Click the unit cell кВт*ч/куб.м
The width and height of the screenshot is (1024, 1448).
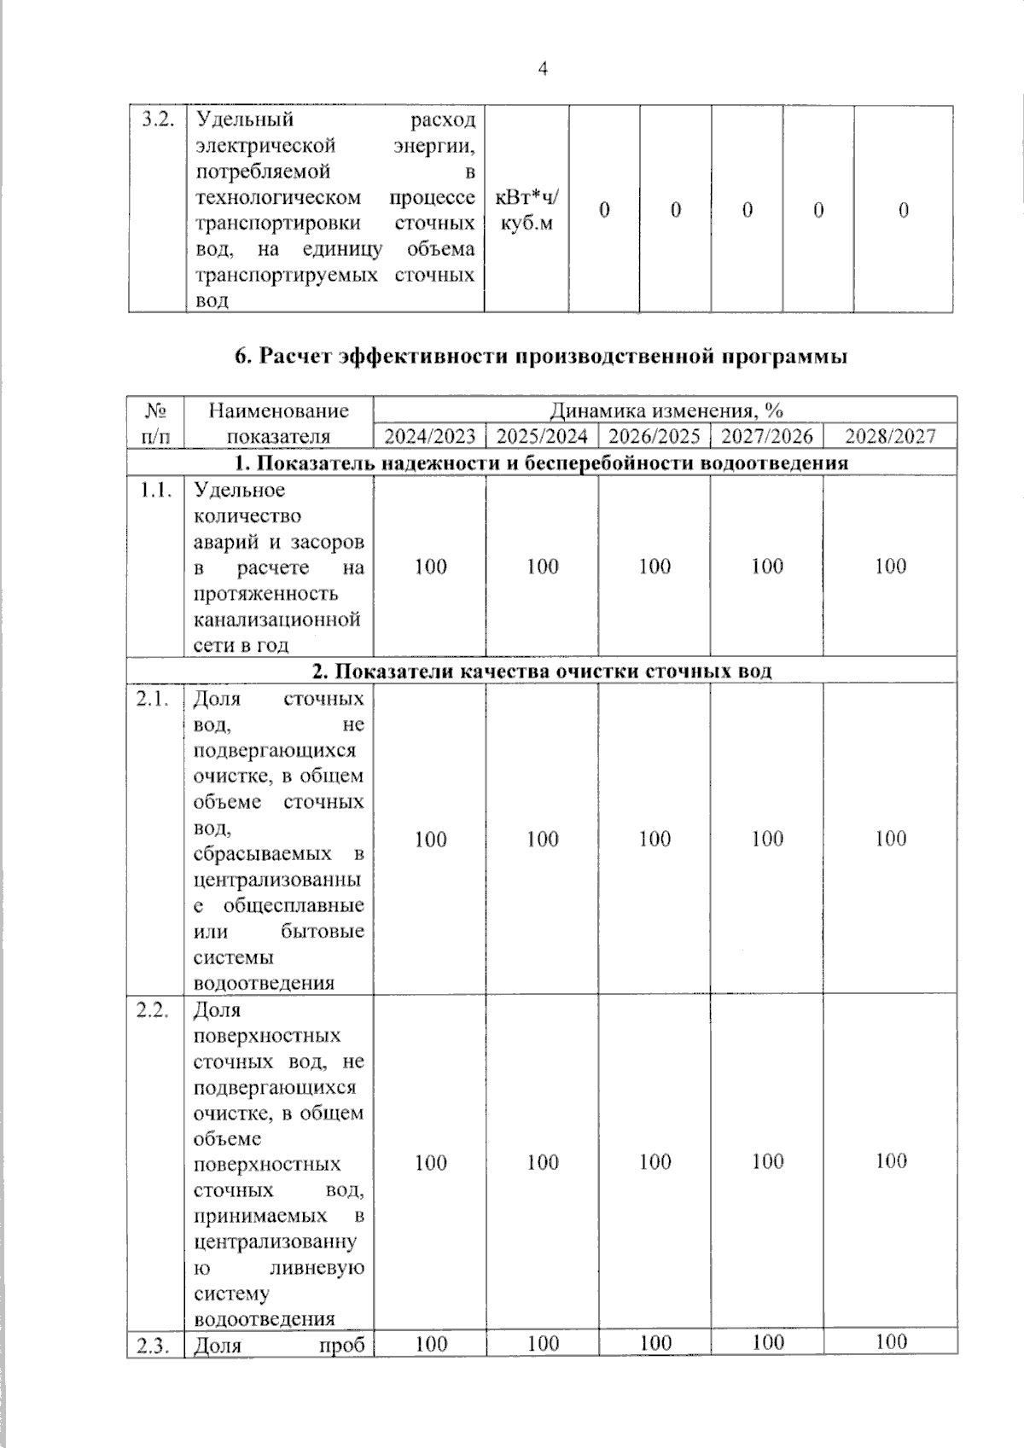coord(527,210)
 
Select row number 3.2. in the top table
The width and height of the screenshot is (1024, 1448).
coord(157,119)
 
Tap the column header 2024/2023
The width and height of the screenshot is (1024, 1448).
coord(429,437)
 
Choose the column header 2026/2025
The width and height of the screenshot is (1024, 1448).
coord(655,437)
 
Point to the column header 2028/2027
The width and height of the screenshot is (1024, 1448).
coord(890,437)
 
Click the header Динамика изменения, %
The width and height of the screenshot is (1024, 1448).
coord(666,410)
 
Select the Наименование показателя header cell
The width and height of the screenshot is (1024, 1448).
coord(279,423)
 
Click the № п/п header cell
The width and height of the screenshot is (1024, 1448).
coord(155,423)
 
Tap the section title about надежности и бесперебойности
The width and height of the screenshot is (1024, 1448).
coord(542,463)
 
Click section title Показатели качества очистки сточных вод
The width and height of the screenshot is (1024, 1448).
coord(542,672)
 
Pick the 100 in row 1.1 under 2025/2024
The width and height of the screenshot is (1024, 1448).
coord(542,567)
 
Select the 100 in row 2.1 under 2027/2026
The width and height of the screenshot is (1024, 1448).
coord(767,839)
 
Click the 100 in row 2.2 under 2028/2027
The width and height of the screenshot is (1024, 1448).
coord(890,1160)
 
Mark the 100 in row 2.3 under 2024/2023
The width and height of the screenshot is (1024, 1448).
coord(430,1344)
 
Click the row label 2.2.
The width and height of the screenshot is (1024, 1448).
coord(154,1010)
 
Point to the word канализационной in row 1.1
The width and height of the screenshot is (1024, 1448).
coord(277,619)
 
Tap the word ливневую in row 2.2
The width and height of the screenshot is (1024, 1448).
coord(317,1268)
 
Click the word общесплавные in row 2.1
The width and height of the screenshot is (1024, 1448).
coord(294,904)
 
